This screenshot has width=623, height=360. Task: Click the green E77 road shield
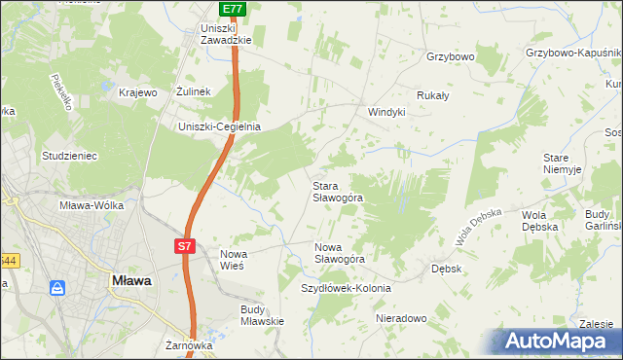[x=232, y=9]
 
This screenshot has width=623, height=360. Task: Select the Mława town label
[x=127, y=280]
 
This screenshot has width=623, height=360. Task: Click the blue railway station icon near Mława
[x=57, y=288]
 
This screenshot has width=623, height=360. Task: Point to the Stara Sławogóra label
[x=338, y=191]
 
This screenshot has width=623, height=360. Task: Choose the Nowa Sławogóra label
[x=340, y=253]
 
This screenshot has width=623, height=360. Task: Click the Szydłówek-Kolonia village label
[x=346, y=289]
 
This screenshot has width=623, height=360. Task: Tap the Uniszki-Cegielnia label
[x=219, y=126]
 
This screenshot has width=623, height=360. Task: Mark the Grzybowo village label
[x=450, y=56]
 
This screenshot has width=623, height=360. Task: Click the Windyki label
[x=385, y=112]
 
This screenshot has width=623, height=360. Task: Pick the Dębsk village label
[x=446, y=268]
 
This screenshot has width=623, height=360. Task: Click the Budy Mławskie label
[x=262, y=315]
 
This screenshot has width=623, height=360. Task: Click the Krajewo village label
[x=137, y=92]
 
